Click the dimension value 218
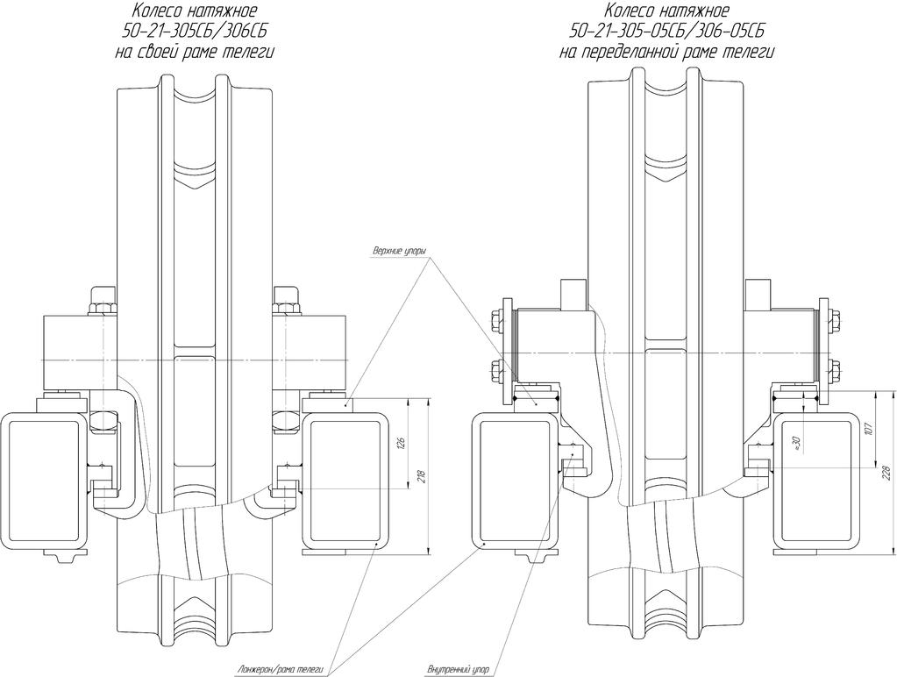click(422, 476)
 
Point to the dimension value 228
click(887, 472)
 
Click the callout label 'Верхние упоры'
click(400, 251)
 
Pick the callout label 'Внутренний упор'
click(459, 669)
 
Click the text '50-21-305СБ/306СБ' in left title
click(195, 31)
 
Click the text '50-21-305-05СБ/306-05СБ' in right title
click(667, 31)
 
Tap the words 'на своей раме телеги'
click(195, 53)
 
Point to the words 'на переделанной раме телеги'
click(667, 53)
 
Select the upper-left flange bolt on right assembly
click(496, 318)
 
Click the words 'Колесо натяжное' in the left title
click(195, 11)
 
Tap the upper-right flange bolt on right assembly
click(836, 319)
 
